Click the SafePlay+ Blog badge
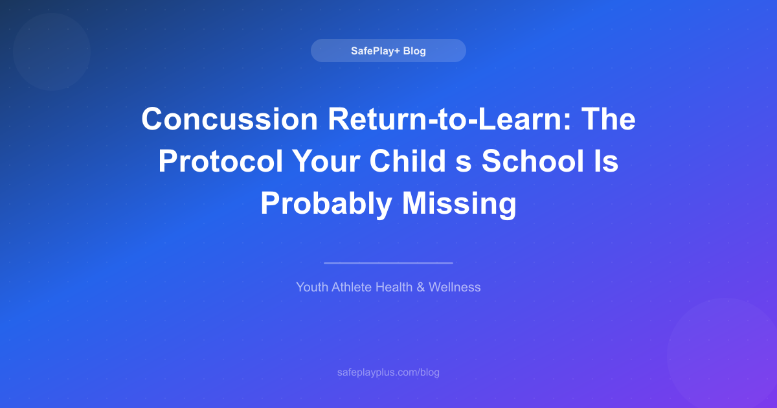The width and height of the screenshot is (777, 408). tap(388, 51)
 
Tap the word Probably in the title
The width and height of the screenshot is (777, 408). tap(326, 204)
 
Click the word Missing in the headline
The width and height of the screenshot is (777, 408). tap(459, 204)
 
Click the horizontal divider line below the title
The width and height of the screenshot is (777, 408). tap(388, 263)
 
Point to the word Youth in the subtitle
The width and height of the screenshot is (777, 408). tap(311, 287)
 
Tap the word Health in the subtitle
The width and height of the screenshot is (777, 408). tap(393, 287)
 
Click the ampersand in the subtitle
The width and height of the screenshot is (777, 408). tap(420, 287)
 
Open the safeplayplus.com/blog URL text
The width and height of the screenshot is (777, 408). tap(388, 372)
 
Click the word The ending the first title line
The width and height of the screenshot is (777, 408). tap(609, 120)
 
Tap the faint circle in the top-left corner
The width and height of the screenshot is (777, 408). tap(51, 52)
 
